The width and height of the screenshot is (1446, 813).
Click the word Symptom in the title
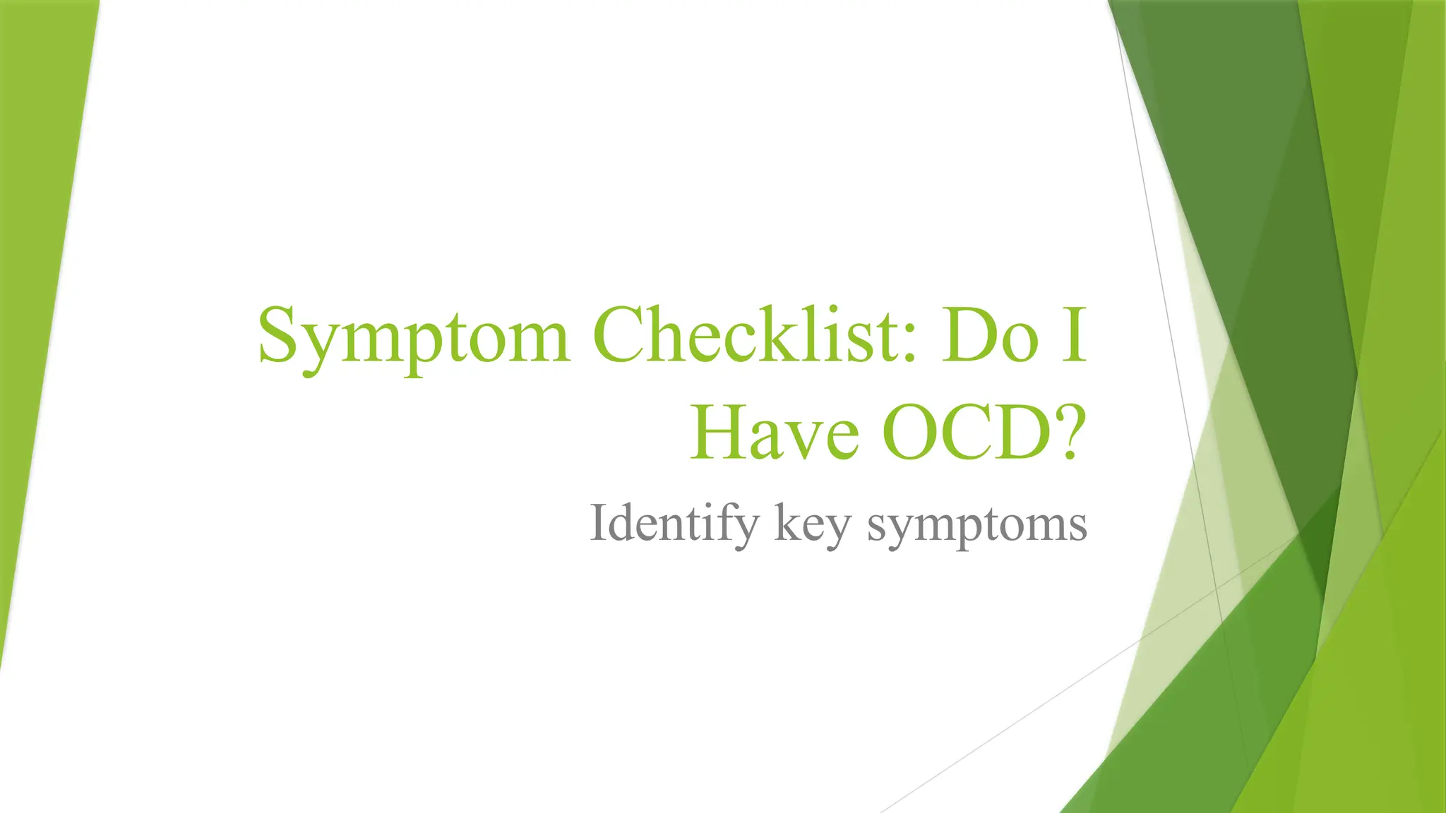413,337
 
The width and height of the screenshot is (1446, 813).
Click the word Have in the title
775,432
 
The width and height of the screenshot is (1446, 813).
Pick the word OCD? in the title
981,432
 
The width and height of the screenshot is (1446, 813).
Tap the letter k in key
787,522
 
